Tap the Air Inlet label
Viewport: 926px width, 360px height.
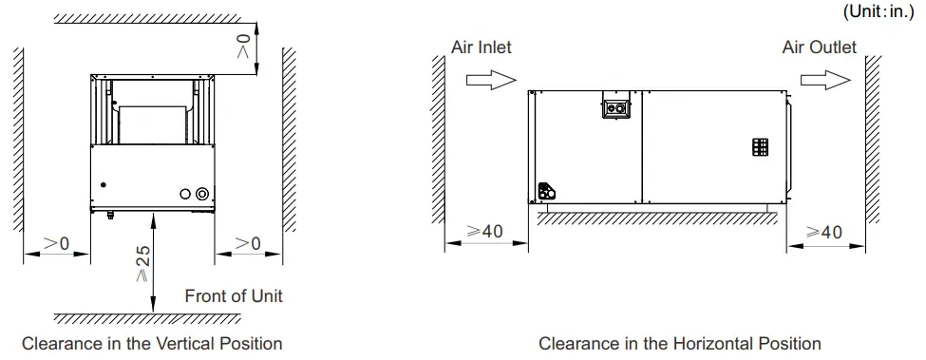(x=481, y=47)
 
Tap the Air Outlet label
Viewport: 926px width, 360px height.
(x=819, y=47)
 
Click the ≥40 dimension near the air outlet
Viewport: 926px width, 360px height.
(x=823, y=232)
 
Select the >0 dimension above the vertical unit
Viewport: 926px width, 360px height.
(x=244, y=43)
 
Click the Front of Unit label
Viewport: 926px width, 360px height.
(x=234, y=295)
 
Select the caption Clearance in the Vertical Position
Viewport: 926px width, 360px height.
(x=152, y=343)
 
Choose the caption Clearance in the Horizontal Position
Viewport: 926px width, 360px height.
(x=679, y=343)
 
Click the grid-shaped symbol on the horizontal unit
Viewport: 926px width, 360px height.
(x=760, y=147)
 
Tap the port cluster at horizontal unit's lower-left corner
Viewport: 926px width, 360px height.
(x=546, y=192)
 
